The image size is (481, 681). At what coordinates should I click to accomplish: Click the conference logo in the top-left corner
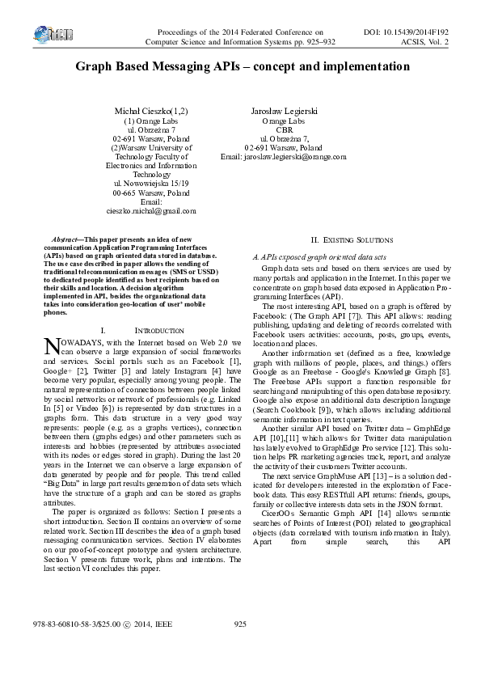(54, 35)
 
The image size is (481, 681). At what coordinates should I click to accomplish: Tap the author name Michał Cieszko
(153, 109)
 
